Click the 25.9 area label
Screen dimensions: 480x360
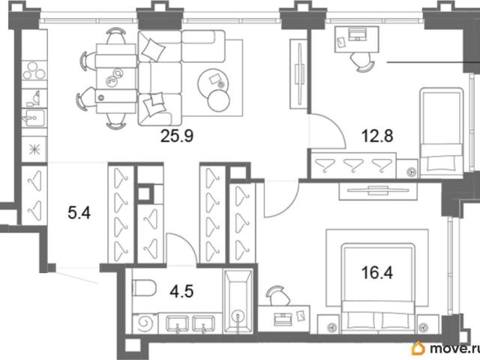[x=177, y=136]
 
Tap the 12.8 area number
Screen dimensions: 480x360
[x=377, y=136]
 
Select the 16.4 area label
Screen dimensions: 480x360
[x=376, y=272]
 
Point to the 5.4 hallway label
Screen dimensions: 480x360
[x=79, y=213]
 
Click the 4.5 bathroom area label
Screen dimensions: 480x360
[x=181, y=291]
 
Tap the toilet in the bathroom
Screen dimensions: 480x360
[x=144, y=288]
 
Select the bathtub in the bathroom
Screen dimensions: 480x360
[x=238, y=301]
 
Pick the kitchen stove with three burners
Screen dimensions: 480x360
[x=34, y=70]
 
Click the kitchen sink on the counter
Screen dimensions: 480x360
[x=34, y=118]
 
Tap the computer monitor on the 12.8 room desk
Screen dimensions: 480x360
[x=357, y=34]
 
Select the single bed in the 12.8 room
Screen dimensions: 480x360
[x=442, y=133]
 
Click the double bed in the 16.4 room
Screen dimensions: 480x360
[x=378, y=288]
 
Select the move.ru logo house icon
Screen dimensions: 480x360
[x=418, y=348]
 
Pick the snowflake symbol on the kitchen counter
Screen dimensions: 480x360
[x=34, y=149]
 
